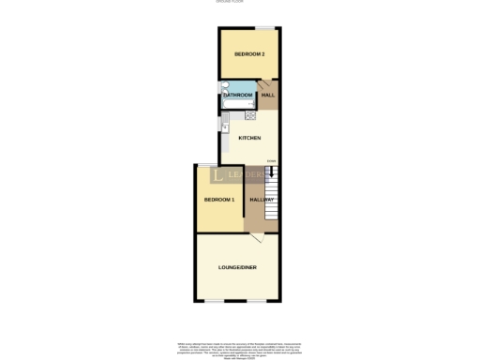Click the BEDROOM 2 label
[x=249, y=54]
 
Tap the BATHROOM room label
[x=237, y=95]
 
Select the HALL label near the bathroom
[x=268, y=95]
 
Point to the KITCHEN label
[x=249, y=139]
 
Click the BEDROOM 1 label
[x=218, y=200]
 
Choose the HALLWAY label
[x=262, y=200]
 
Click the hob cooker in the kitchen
[x=250, y=115]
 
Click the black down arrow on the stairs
[x=272, y=171]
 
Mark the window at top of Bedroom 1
[x=203, y=165]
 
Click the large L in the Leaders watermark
[x=218, y=175]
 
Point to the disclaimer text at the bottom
[x=240, y=350]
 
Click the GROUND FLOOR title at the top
[x=240, y=4]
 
